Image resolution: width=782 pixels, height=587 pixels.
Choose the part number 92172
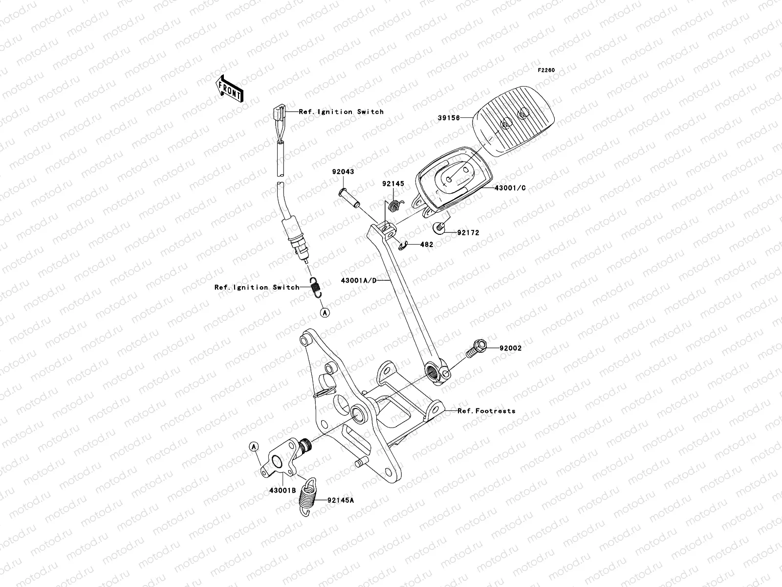pos(468,233)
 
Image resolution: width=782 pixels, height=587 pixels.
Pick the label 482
pos(426,245)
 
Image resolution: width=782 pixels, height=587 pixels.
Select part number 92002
pos(510,349)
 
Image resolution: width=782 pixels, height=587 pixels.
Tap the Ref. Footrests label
pos(486,411)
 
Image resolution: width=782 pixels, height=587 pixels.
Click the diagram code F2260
pos(546,70)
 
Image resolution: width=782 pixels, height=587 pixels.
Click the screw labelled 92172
pos(439,227)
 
